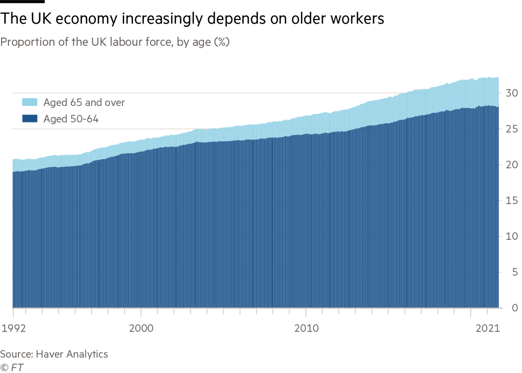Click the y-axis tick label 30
(x=512, y=93)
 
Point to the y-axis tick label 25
(x=512, y=129)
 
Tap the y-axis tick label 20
(x=512, y=165)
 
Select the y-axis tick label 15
(x=512, y=201)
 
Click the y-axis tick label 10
(x=512, y=236)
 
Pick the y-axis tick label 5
(x=515, y=272)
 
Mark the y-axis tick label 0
(x=515, y=308)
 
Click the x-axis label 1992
(x=13, y=328)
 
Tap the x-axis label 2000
(x=141, y=328)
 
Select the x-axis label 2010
(x=306, y=328)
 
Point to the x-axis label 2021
(x=487, y=328)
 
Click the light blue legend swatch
(x=30, y=103)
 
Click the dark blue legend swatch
(x=30, y=119)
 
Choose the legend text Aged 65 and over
(x=84, y=103)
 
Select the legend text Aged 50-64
(x=71, y=119)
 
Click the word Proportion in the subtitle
(x=28, y=42)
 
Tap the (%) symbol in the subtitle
(x=221, y=42)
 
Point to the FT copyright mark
(x=12, y=368)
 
